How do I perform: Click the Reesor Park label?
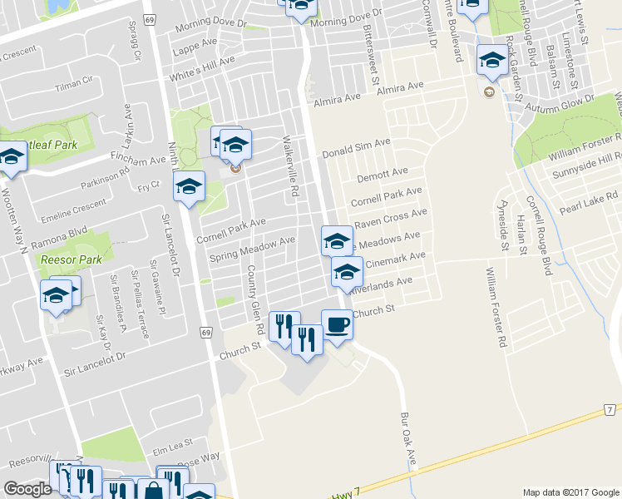[72, 259]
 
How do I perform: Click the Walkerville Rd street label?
[290, 166]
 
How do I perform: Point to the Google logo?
[27, 489]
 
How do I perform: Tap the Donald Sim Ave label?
[357, 149]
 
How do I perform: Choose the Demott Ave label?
[383, 175]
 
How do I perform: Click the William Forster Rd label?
[496, 307]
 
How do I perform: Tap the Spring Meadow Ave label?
[252, 247]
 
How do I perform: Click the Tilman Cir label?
[72, 83]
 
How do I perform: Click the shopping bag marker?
[153, 491]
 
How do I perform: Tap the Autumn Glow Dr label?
[565, 99]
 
